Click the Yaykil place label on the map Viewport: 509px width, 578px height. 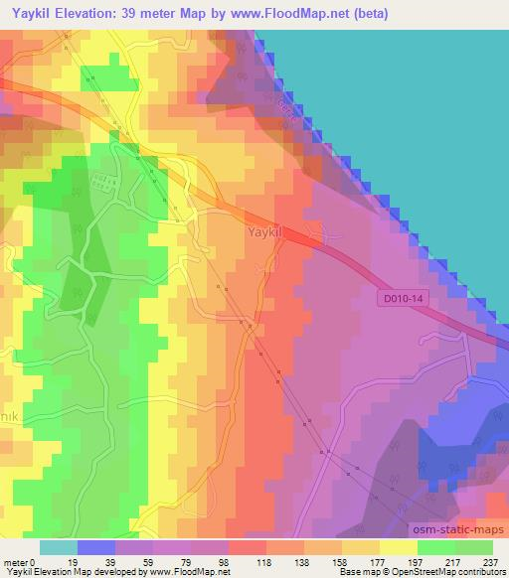[265, 232]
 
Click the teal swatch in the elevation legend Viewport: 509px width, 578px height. [59, 547]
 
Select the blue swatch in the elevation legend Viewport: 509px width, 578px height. [96, 547]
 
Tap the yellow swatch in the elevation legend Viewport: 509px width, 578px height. [399, 547]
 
